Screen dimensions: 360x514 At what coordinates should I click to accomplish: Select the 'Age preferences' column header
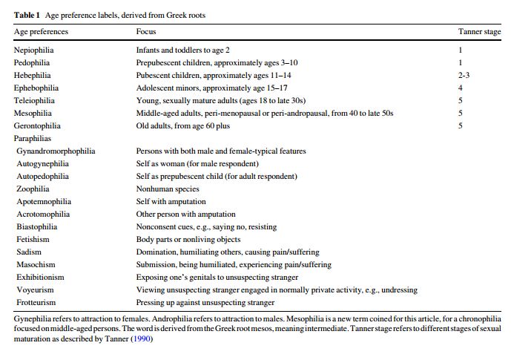point(41,32)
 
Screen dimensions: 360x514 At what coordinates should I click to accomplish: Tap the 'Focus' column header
point(146,32)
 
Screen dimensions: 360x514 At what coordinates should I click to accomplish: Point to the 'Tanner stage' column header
point(480,32)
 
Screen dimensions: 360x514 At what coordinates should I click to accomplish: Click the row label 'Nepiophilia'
point(34,50)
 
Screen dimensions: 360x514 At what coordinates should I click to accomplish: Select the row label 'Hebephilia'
point(33,75)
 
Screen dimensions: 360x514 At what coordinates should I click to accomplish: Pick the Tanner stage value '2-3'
point(464,75)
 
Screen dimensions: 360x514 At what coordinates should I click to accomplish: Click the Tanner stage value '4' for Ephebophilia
point(461,88)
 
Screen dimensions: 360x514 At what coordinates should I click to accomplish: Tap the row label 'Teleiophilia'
point(34,100)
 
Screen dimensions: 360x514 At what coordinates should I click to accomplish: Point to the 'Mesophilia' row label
point(33,113)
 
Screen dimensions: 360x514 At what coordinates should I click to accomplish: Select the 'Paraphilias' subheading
point(33,138)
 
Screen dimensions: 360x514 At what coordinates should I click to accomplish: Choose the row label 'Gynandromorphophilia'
point(56,151)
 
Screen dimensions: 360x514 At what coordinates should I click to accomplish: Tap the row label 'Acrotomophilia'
point(43,214)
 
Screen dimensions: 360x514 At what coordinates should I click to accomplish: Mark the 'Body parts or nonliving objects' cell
point(188,239)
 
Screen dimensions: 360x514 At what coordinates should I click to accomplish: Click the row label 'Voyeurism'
point(36,289)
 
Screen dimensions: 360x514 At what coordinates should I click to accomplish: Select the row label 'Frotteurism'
point(37,302)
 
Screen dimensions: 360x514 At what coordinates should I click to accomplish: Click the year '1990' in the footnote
point(142,338)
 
